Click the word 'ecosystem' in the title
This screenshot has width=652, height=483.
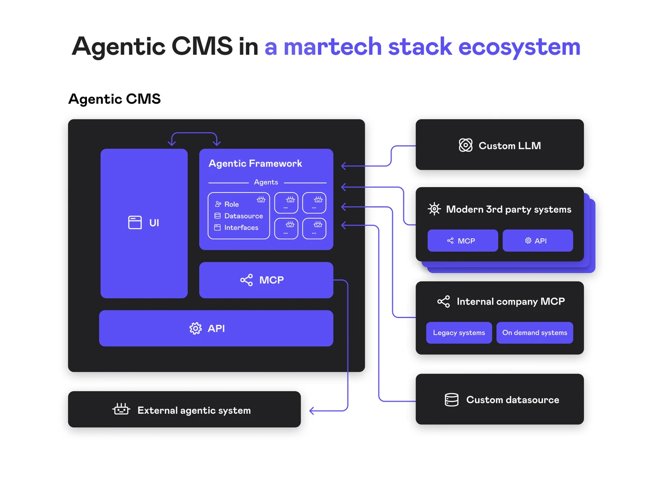coord(519,47)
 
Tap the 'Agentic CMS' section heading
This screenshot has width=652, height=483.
coord(115,99)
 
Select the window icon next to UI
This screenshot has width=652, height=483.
coord(135,222)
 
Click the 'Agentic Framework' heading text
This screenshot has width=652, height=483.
coord(255,164)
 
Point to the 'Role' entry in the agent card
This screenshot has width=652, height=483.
coord(231,204)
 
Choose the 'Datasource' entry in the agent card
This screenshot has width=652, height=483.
coord(243,216)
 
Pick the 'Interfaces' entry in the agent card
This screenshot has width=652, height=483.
coord(241,228)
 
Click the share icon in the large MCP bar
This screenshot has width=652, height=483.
coord(247,280)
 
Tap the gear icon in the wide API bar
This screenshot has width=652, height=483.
coord(196,328)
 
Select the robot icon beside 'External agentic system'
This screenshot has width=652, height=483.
coord(121,410)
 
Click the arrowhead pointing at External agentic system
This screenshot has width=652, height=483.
coord(312,411)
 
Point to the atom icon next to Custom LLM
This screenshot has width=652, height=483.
coord(465,145)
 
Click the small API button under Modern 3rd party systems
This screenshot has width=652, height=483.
coord(537,241)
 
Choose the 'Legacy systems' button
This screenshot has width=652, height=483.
coord(459,333)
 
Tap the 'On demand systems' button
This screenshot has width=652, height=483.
coord(534,333)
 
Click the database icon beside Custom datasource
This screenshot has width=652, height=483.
coord(451,400)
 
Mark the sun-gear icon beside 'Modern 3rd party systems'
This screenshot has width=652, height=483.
coord(434,209)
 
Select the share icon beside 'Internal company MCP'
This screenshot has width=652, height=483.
coord(444,302)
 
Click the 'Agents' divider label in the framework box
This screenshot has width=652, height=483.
coord(266,182)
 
